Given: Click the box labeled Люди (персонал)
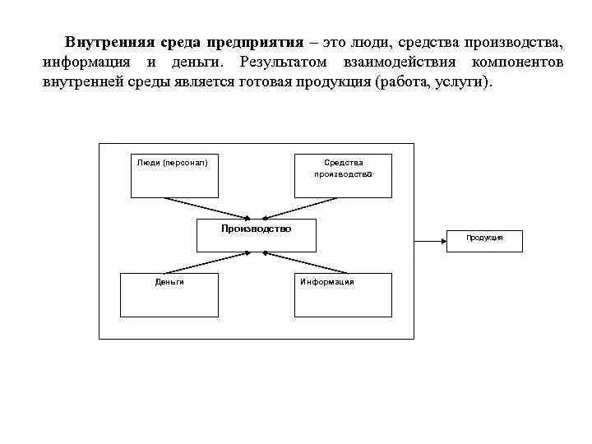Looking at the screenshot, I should coord(174,175).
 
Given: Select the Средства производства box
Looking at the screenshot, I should coord(343,175).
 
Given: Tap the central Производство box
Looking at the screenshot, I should coord(256,235).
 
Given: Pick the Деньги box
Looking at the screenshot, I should coord(169,294).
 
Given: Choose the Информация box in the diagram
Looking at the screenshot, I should coord(343,294).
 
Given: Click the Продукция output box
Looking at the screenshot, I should coord(484,240).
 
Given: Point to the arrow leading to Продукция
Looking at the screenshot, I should coord(430,241).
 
